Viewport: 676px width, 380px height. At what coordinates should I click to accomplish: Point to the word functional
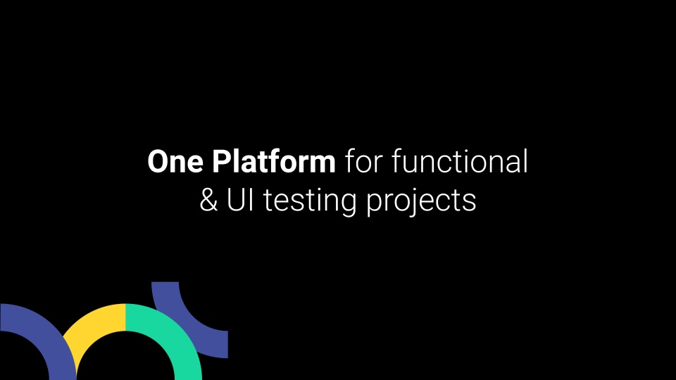pyautogui.click(x=459, y=163)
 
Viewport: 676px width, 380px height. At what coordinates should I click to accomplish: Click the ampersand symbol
pyautogui.click(x=208, y=201)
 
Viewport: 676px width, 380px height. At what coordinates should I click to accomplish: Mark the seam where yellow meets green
pyautogui.click(x=125, y=317)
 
